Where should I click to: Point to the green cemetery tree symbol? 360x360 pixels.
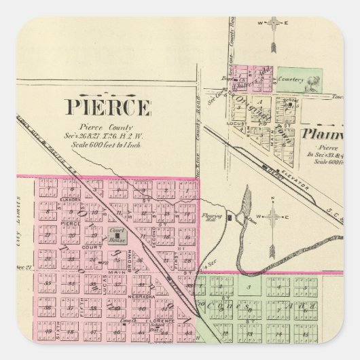point(312,84)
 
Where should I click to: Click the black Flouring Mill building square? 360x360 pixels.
point(230,218)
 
